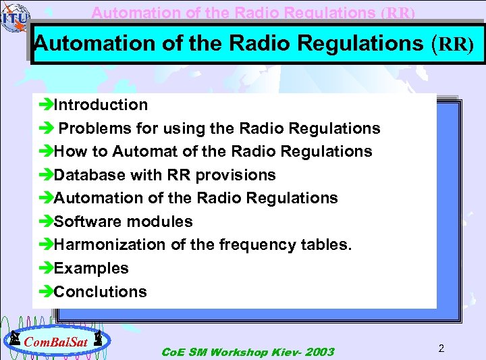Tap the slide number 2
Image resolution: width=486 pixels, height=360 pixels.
click(441, 349)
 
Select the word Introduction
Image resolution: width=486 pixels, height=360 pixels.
click(101, 105)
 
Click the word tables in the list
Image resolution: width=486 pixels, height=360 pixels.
click(329, 245)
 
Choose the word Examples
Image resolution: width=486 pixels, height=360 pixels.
click(91, 268)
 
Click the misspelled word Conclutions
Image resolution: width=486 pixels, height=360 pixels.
click(100, 292)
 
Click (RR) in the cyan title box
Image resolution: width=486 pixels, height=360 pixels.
click(452, 44)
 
